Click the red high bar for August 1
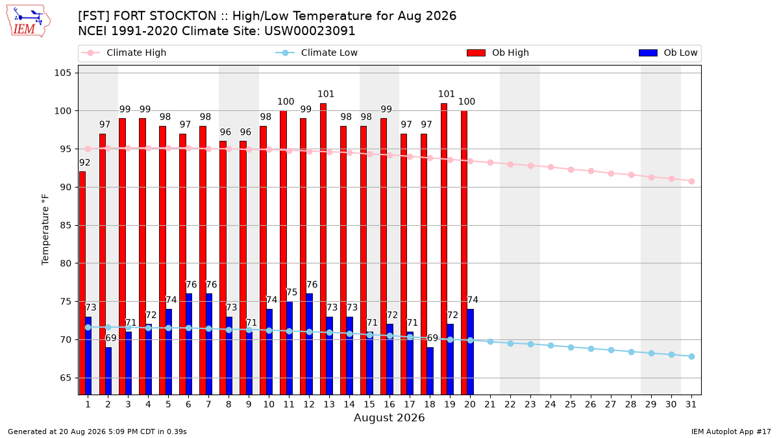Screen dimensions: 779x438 tap(82, 283)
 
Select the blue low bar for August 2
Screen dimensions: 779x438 tap(108, 371)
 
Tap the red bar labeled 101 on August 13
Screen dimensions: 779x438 tap(323, 249)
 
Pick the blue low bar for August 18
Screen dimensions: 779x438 tap(430, 371)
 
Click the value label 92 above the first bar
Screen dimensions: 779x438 tap(84, 163)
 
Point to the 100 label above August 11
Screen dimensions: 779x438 tap(286, 101)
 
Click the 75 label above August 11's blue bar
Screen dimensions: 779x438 tap(291, 293)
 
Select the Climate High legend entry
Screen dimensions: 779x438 tap(124, 53)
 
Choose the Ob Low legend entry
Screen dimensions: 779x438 tap(668, 53)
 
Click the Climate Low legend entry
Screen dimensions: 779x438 tap(317, 53)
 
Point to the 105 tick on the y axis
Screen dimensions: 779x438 tap(63, 73)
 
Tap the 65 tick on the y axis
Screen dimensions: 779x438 tap(66, 378)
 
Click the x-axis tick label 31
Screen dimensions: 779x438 tap(691, 404)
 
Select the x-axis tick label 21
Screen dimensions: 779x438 tap(490, 404)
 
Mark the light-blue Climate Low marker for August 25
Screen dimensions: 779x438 tap(571, 347)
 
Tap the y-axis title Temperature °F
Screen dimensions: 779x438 tap(45, 230)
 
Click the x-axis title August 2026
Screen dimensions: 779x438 tap(389, 417)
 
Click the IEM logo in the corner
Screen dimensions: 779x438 tap(29, 21)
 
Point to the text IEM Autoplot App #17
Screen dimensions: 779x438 tap(731, 432)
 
